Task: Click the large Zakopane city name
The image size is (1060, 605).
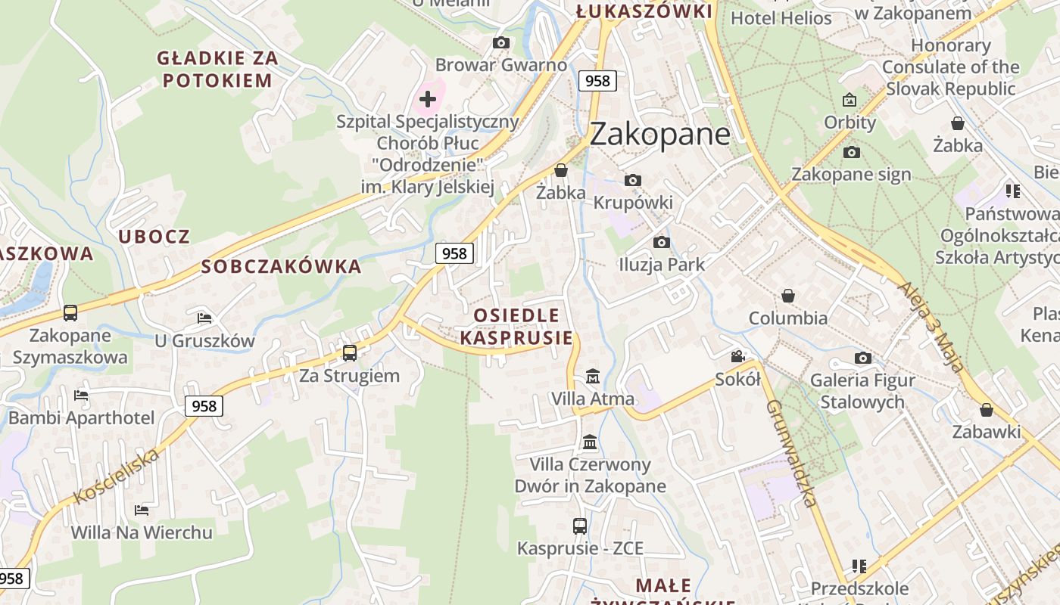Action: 659,134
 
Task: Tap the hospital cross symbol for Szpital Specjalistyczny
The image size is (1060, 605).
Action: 428,98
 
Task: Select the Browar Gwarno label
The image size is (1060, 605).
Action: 501,65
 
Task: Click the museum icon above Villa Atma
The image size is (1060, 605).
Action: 592,376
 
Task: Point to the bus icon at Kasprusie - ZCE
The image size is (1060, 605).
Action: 580,526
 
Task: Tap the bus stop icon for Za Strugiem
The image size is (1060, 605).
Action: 350,353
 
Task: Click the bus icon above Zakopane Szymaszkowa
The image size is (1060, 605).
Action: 70,313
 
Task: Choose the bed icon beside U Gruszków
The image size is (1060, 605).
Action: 204,318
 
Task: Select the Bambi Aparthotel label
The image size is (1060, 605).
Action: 81,417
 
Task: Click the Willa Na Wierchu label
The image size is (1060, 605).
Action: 142,532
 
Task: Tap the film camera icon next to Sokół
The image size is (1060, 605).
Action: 737,357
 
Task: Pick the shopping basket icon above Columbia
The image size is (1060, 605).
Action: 788,296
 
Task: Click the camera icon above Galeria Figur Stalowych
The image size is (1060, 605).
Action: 862,358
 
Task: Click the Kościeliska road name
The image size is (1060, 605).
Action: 117,476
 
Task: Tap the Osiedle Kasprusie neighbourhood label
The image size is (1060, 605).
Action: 516,327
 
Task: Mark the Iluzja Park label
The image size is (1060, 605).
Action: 662,265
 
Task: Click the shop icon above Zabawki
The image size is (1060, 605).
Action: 987,411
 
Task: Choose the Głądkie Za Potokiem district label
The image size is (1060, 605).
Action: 217,69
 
